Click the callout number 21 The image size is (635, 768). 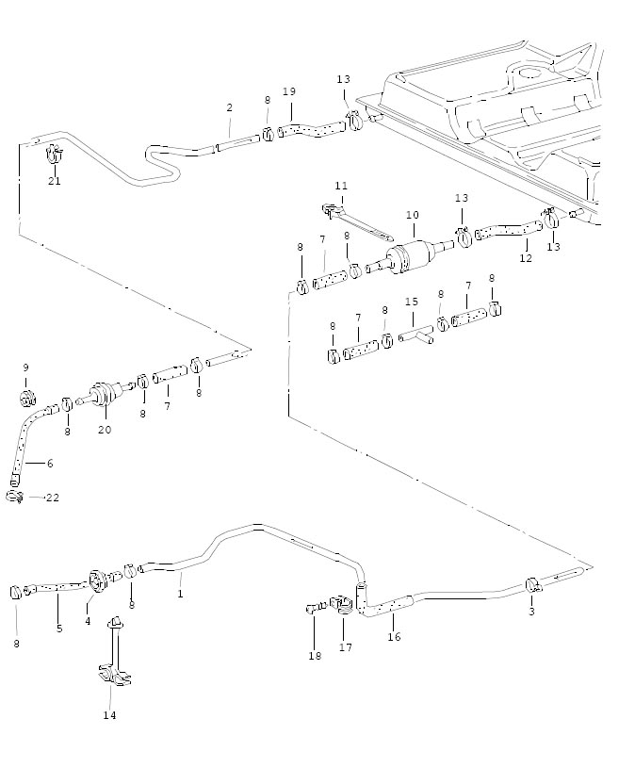(55, 181)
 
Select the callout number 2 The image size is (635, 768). (229, 108)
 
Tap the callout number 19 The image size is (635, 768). (289, 91)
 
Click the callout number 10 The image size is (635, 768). (413, 216)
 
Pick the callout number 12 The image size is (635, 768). (525, 258)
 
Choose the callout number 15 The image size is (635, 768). (411, 302)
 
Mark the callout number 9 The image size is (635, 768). (25, 368)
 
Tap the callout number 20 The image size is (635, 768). (105, 430)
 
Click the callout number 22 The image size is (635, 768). (52, 498)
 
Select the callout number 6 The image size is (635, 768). (50, 463)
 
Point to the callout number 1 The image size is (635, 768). (180, 594)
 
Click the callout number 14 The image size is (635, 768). (110, 715)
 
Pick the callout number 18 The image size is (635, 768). (315, 656)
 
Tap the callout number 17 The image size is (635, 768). (346, 647)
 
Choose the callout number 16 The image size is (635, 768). (394, 637)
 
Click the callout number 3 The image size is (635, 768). (530, 612)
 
